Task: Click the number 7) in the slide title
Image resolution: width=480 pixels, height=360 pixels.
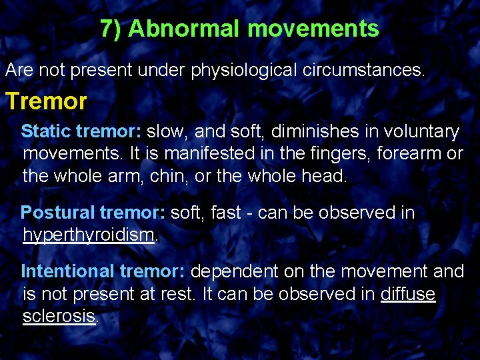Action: [x=111, y=29]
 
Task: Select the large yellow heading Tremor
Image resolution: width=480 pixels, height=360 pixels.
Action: [x=46, y=101]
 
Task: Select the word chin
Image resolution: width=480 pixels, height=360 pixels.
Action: [x=193, y=177]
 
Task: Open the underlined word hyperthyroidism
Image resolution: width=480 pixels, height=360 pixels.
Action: [x=88, y=236]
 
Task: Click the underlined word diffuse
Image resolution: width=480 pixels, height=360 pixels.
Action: [x=407, y=295]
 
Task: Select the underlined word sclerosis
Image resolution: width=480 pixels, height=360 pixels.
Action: [x=59, y=317]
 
